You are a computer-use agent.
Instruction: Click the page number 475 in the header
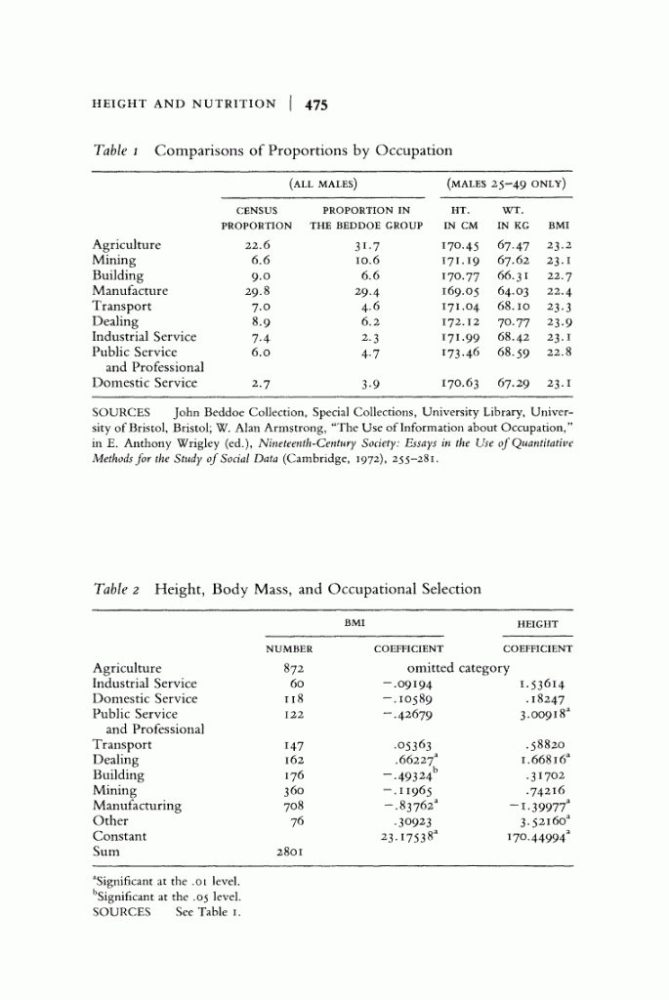[x=316, y=104]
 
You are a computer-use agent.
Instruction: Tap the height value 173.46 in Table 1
[x=462, y=352]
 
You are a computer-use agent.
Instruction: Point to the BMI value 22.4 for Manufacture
[x=559, y=291]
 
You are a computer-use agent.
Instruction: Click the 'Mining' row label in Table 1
[x=114, y=261]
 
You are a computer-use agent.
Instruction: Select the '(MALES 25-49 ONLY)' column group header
[x=507, y=183]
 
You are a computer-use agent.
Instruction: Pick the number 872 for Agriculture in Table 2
[x=288, y=668]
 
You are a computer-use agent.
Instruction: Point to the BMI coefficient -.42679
[x=408, y=714]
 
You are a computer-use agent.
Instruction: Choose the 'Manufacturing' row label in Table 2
[x=137, y=806]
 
